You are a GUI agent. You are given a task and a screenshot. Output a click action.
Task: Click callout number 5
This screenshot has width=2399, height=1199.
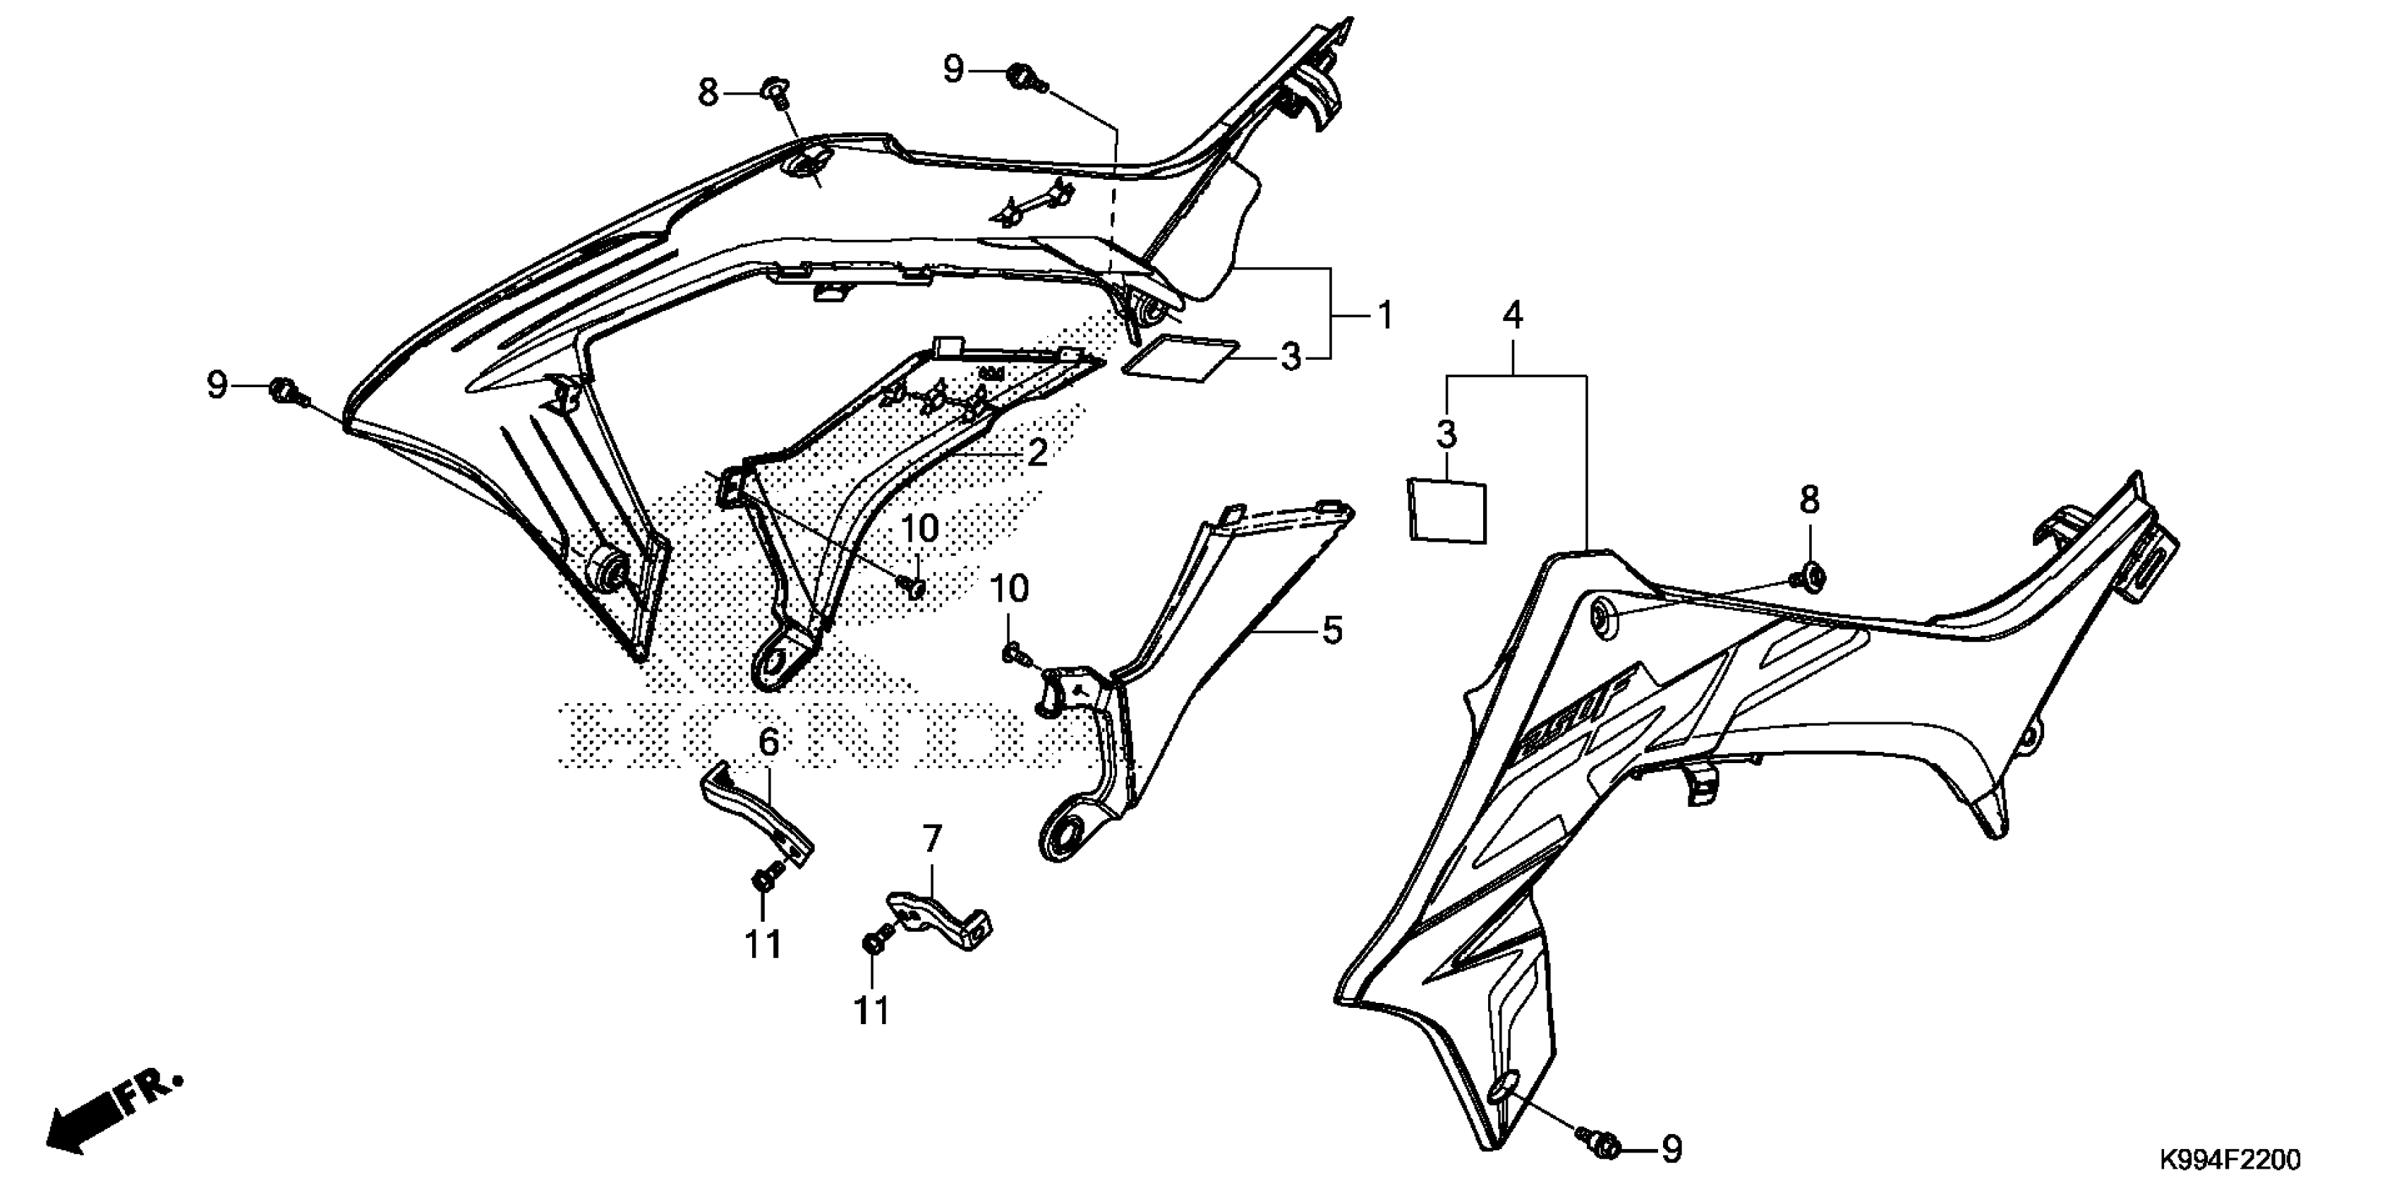pyautogui.click(x=1333, y=631)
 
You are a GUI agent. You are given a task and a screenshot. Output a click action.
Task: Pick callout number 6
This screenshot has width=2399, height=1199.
pyautogui.click(x=769, y=742)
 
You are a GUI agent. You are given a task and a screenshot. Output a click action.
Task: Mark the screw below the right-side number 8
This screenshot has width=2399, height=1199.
pyautogui.click(x=1810, y=576)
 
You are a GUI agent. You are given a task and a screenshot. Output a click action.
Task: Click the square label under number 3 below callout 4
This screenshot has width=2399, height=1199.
pyautogui.click(x=1446, y=510)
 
